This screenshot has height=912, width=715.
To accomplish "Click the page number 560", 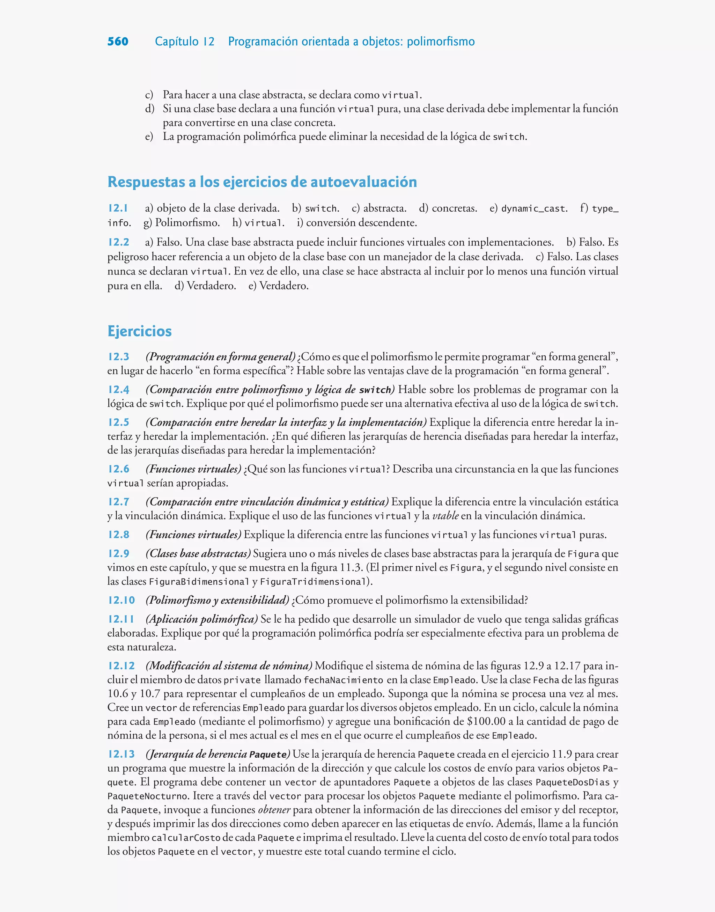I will (x=118, y=42).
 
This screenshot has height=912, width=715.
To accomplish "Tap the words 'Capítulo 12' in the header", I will (x=184, y=42).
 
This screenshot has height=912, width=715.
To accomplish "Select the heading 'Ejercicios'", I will (x=139, y=331).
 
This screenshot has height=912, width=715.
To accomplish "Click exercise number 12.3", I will (x=118, y=356).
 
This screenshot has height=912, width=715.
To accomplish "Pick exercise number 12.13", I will (x=121, y=754).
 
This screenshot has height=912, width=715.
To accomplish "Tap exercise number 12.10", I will (x=121, y=600).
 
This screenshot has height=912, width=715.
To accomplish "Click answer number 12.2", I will (x=118, y=242).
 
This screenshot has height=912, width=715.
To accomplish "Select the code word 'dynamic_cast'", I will (x=534, y=208).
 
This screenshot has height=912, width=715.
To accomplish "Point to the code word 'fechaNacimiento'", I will (x=343, y=680).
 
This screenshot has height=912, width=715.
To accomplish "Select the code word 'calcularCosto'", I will (x=185, y=838).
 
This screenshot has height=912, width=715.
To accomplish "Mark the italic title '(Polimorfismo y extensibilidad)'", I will (x=217, y=600).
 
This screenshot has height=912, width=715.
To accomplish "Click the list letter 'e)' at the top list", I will (x=149, y=137).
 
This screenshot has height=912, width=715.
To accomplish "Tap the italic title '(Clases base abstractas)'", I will (x=198, y=553).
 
